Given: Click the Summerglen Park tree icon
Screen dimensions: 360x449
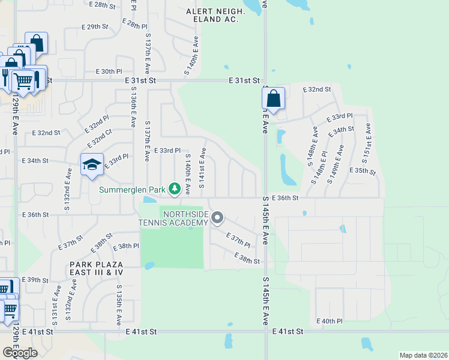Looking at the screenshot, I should (x=175, y=190).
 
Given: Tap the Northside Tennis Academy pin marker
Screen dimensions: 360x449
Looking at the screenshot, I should (x=217, y=218).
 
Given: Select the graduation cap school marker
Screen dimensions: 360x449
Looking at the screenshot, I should (x=92, y=165).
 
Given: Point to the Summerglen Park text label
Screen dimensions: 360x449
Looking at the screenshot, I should (x=132, y=190).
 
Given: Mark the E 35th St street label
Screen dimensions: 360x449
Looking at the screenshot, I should (x=364, y=170).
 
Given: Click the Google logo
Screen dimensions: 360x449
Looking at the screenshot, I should (x=19, y=353).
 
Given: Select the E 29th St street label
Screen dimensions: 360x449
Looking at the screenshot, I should (x=95, y=27).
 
